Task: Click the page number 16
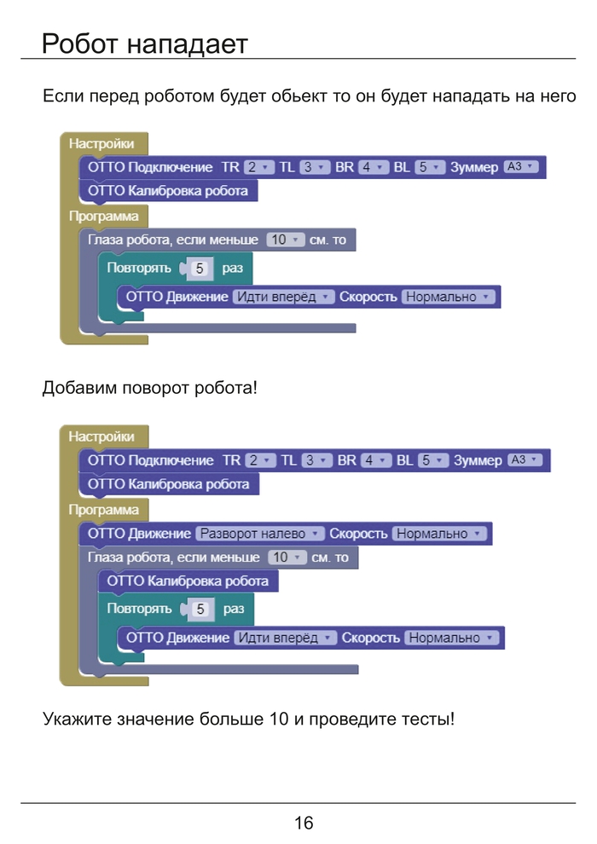pyautogui.click(x=304, y=823)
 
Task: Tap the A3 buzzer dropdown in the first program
pyautogui.click(x=521, y=167)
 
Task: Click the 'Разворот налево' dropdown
pyautogui.click(x=260, y=534)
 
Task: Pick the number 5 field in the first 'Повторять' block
pyautogui.click(x=199, y=269)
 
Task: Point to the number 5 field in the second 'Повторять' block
pyautogui.click(x=200, y=609)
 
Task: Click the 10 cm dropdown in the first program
pyautogui.click(x=285, y=240)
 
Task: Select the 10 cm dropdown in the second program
pyautogui.click(x=287, y=558)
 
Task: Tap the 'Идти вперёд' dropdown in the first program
pyautogui.click(x=283, y=297)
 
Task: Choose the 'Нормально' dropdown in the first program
pyautogui.click(x=449, y=297)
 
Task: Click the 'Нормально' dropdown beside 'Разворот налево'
pyautogui.click(x=439, y=534)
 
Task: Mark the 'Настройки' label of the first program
pyautogui.click(x=101, y=143)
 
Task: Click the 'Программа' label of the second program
pyautogui.click(x=104, y=510)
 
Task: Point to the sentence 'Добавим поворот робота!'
pyautogui.click(x=149, y=388)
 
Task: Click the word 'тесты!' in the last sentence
pyautogui.click(x=428, y=719)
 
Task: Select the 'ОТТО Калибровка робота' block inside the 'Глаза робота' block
pyautogui.click(x=187, y=581)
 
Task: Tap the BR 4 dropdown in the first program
pyautogui.click(x=374, y=167)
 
